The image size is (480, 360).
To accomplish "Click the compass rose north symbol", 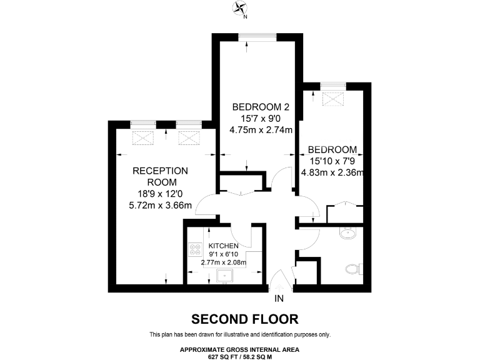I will click(x=239, y=7).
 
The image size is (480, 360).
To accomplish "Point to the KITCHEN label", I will click(x=223, y=246).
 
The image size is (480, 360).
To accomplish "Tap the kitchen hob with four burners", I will click(x=193, y=251).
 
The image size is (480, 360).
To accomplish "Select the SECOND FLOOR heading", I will click(x=245, y=319).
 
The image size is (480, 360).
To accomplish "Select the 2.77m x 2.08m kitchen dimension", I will click(x=223, y=263).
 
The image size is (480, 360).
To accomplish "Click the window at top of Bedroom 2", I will click(x=259, y=36).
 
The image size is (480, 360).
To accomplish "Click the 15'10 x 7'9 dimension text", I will click(x=332, y=161).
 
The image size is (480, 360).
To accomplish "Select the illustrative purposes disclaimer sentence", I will click(x=240, y=334).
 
